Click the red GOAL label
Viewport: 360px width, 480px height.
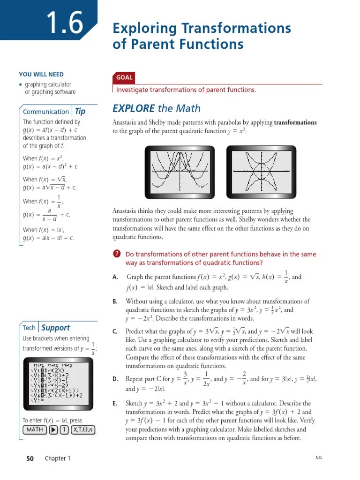[124, 78]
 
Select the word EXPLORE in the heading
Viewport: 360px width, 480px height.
[134, 109]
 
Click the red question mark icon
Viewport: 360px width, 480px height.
[117, 254]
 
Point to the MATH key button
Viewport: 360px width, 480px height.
[34, 430]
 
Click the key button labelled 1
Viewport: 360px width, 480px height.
[63, 430]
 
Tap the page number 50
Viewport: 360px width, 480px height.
[30, 458]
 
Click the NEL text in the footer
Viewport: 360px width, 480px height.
[319, 458]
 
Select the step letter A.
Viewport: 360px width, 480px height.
[115, 277]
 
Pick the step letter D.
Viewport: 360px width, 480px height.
[115, 379]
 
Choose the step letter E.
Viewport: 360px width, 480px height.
[115, 403]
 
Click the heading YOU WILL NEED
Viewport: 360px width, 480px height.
[41, 75]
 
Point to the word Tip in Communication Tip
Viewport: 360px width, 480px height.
[80, 112]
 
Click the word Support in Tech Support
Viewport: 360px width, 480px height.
[55, 328]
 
